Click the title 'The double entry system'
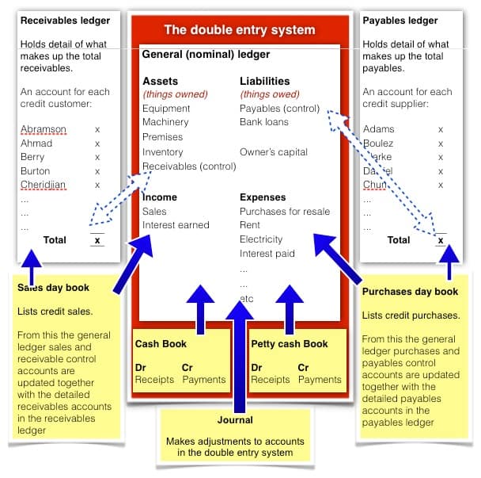coord(239,30)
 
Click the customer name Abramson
coord(44,129)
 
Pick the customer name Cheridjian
coord(44,185)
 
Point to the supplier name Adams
coord(378,129)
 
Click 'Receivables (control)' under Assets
coord(189,166)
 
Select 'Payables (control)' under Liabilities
coord(279,109)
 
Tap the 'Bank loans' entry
coord(264,122)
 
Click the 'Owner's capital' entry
coord(274,152)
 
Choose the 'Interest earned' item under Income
coord(176,225)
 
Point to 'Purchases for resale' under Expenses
coord(285,212)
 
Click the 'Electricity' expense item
coord(261,239)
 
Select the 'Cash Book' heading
coord(161,344)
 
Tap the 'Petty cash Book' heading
coord(289,344)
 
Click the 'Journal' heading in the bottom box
coord(235,420)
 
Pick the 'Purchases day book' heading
coord(410,292)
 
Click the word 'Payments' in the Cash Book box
coord(204,380)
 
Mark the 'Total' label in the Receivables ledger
coord(55,239)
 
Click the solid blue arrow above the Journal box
coord(239,349)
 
